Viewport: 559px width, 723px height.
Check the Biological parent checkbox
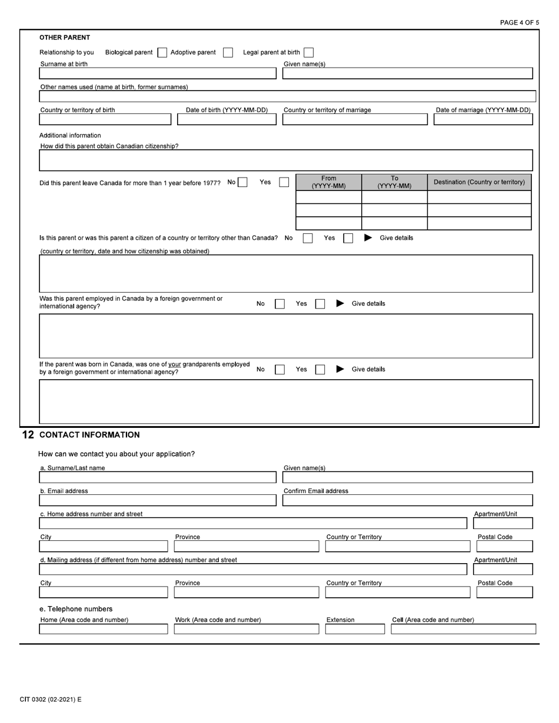162,52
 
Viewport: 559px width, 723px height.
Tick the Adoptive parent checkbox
228,52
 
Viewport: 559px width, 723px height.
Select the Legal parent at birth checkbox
308,52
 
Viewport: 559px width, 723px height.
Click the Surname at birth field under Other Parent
157,73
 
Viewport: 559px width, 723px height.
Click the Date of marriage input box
483,119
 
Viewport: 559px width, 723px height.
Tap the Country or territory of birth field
105,119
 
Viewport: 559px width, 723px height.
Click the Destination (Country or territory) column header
479,182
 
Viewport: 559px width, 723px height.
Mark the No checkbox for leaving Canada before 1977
242,182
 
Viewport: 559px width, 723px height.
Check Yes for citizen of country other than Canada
348,238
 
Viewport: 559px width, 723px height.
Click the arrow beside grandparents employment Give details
340,369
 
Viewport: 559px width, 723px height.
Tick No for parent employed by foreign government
280,304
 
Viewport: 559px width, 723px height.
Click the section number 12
28,435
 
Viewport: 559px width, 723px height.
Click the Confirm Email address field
407,500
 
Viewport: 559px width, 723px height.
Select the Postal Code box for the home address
504,546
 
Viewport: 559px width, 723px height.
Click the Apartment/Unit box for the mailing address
503,569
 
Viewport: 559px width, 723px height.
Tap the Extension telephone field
354,629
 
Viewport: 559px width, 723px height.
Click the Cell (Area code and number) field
463,629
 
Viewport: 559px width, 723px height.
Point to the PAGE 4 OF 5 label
519,22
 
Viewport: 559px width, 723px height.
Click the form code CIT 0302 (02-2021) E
51,699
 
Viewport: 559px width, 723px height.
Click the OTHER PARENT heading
65,38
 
